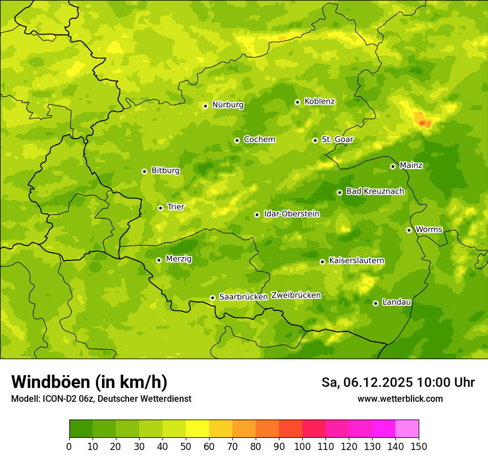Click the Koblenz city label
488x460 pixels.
coord(319,101)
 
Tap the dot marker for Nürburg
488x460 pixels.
coord(205,106)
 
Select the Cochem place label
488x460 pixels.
coord(259,140)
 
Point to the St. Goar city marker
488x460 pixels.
coord(315,140)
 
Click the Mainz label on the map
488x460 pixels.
coord(411,165)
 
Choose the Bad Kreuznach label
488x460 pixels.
coord(375,191)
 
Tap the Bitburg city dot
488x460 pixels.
coord(144,171)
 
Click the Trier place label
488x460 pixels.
coord(175,207)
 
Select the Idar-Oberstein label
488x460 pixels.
coord(292,214)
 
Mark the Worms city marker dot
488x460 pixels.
coord(409,230)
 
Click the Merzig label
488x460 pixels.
coord(179,259)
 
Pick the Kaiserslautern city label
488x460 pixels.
coord(357,260)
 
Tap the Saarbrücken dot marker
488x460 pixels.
coord(212,298)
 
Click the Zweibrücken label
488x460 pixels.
coord(296,295)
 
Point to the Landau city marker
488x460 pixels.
coord(375,303)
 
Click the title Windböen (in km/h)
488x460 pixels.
coord(89,382)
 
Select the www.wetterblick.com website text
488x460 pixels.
coord(400,398)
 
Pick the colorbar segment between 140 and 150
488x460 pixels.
coord(407,429)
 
